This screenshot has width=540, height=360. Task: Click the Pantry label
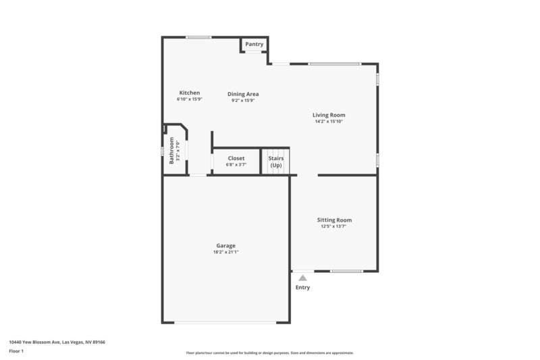coord(254,44)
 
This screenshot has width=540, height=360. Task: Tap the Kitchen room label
coord(189,93)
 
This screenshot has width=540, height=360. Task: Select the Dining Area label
coord(243,94)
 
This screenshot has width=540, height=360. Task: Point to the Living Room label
coord(329,115)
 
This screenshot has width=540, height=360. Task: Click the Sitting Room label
coord(334,220)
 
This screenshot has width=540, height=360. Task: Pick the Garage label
coord(225,245)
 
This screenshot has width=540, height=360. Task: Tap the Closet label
coord(236,158)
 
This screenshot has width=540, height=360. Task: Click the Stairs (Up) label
coord(276,161)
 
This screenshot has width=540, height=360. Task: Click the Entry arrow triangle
coord(303,278)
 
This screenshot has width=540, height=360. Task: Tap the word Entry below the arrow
coord(303,288)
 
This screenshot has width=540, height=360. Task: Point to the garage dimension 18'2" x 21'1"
coord(225,252)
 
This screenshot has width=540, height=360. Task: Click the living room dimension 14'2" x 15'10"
coord(329,122)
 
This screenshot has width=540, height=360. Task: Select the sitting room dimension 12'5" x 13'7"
coord(334,226)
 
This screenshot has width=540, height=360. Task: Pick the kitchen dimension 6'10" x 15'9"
coord(189,99)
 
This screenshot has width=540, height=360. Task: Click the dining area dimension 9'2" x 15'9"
coord(243,101)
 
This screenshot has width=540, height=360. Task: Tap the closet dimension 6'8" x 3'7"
coord(236,165)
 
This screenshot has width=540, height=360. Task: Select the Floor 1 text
coord(16,351)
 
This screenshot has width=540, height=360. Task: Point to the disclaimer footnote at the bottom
coord(269,353)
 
